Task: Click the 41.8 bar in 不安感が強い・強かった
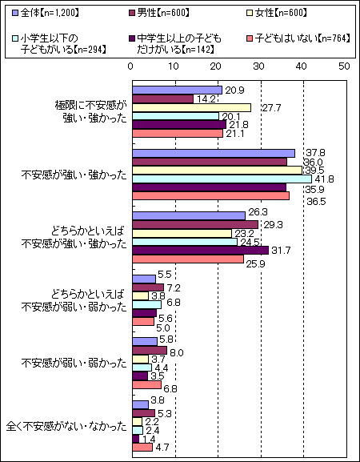tap(222, 179)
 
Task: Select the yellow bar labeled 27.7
tap(192, 108)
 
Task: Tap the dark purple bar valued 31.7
tap(201, 251)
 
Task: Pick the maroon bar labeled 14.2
tap(162, 99)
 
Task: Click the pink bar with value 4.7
tap(142, 448)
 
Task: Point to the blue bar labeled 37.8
tap(214, 153)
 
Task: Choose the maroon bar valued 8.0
tap(150, 351)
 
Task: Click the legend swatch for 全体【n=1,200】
tap(16, 13)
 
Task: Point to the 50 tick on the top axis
tap(343, 66)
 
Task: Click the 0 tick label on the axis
tap(130, 66)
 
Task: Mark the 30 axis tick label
tap(258, 66)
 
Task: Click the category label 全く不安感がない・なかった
tap(67, 427)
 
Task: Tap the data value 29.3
tap(272, 225)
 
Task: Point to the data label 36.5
tap(315, 202)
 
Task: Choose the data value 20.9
tap(234, 90)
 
